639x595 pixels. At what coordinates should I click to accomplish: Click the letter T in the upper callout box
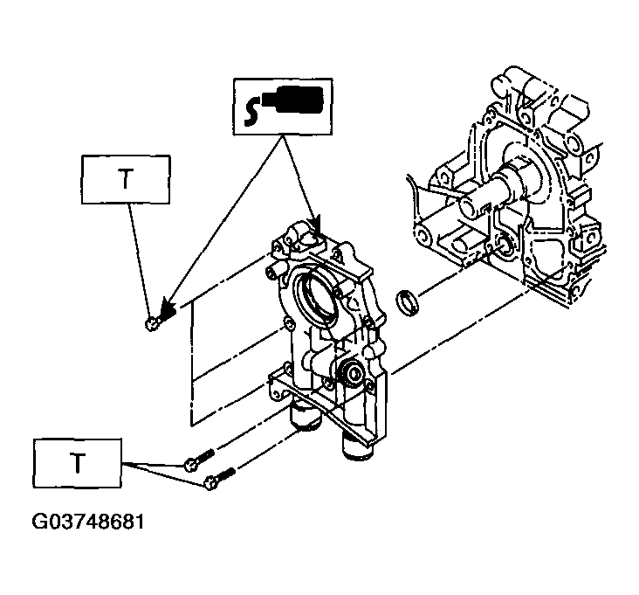[x=126, y=179]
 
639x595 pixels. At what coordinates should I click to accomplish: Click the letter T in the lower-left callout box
[x=77, y=462]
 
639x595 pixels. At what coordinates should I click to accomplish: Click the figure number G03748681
[x=88, y=522]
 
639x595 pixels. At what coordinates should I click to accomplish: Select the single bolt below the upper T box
[x=152, y=324]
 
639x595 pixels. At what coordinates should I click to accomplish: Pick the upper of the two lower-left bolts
[x=198, y=460]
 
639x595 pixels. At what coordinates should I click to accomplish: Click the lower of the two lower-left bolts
[x=220, y=479]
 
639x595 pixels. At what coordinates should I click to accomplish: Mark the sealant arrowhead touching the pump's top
[x=316, y=226]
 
